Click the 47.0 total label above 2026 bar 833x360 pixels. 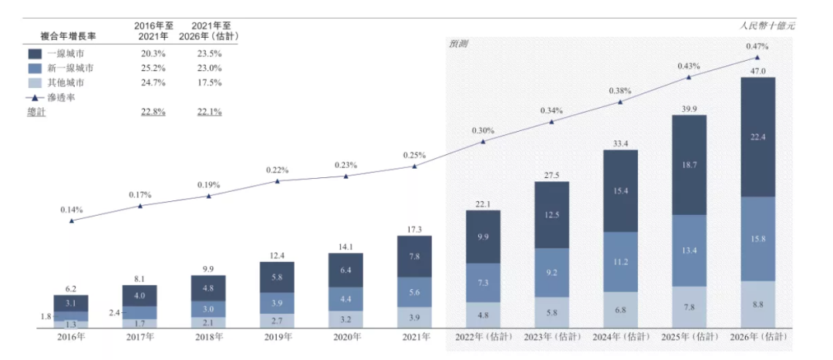[757, 71]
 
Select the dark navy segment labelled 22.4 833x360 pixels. [757, 137]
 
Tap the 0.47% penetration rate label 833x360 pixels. [757, 46]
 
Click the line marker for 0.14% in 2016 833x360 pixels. [72, 220]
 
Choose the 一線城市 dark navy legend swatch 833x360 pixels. [34, 54]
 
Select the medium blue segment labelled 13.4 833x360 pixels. [689, 251]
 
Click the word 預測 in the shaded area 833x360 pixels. [459, 44]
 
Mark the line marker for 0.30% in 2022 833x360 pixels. [483, 141]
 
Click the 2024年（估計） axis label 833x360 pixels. [621, 337]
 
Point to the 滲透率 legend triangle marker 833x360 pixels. [34, 98]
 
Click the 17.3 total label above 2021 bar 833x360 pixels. [414, 230]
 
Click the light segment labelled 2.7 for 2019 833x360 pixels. [277, 318]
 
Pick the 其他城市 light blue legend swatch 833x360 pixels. [34, 82]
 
